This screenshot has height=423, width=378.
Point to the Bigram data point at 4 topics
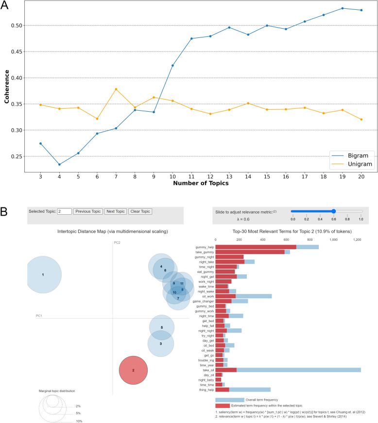59,164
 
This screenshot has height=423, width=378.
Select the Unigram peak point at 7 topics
116,89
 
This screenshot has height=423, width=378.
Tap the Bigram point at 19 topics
343,8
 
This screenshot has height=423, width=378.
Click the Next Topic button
115,211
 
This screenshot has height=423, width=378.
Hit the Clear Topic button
140,211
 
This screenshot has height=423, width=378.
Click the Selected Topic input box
64,211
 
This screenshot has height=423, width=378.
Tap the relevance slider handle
334,211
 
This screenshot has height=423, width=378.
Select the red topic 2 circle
133,370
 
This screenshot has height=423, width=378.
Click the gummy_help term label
204,247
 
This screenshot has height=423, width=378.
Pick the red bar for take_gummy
250,252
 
